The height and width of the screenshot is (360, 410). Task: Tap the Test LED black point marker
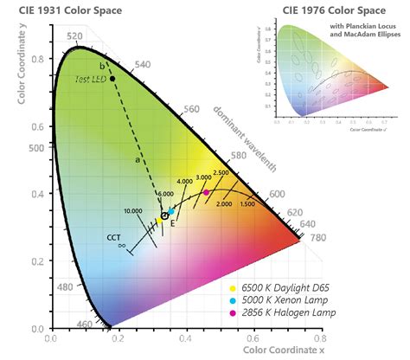click(112, 79)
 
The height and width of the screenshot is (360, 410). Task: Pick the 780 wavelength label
click(318, 237)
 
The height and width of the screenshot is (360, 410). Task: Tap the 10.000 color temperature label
click(134, 210)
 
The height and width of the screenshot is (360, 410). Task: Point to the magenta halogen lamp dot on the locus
click(206, 193)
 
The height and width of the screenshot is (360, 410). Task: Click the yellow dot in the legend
click(232, 286)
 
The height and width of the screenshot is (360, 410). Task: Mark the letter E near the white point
click(172, 223)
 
